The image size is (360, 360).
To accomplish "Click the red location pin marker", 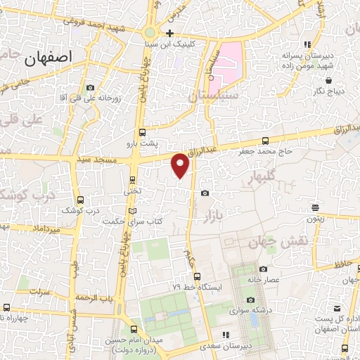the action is point(181,165).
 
